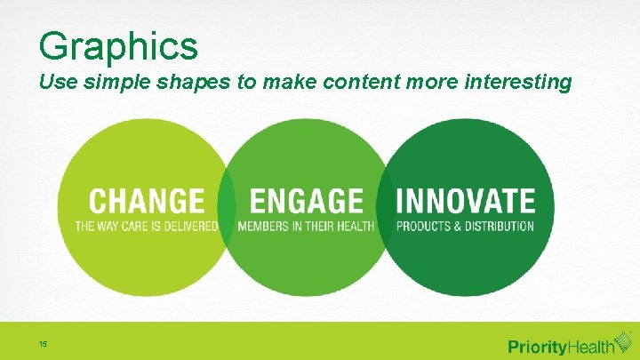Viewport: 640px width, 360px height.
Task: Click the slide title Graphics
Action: [x=118, y=44]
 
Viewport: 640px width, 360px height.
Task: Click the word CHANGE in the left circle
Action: [x=147, y=202]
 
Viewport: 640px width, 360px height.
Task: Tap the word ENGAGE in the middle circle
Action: [x=307, y=202]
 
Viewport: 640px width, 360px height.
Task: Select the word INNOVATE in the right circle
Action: [x=465, y=202]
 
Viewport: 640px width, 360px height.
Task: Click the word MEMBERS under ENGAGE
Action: [x=264, y=227]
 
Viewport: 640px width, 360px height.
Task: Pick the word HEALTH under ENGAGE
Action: [x=356, y=227]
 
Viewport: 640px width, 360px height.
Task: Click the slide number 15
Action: [x=43, y=343]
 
